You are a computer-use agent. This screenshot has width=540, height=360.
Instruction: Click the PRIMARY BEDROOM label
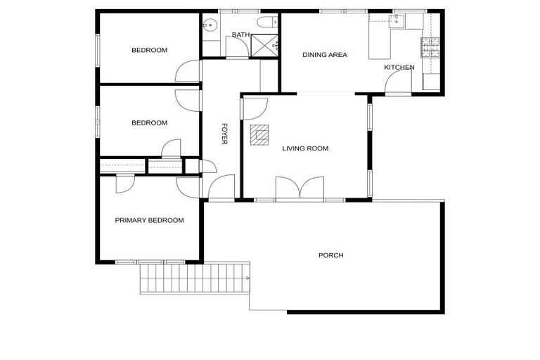point(149,220)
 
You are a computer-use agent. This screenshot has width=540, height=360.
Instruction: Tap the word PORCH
point(330,255)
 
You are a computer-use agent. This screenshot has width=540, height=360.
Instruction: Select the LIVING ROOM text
point(305,148)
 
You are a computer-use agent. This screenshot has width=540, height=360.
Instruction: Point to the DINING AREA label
point(325,55)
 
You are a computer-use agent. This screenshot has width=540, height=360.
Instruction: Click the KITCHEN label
point(399,67)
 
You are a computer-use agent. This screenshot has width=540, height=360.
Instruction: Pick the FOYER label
point(224,134)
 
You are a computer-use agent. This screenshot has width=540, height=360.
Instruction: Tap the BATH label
point(240,35)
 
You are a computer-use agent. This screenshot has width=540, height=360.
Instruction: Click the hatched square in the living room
point(259,134)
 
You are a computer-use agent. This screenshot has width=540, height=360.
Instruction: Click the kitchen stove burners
point(430,48)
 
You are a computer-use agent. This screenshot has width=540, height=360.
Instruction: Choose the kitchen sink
point(397,21)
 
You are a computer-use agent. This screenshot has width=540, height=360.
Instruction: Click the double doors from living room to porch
point(300,190)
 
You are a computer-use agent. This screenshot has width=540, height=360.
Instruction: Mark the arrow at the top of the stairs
point(248,278)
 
